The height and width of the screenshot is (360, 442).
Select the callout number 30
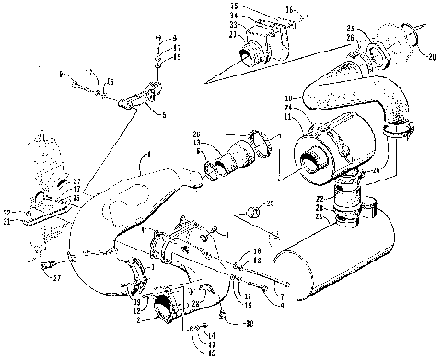click(249, 323)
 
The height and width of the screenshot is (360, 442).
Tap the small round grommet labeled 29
click(257, 213)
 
